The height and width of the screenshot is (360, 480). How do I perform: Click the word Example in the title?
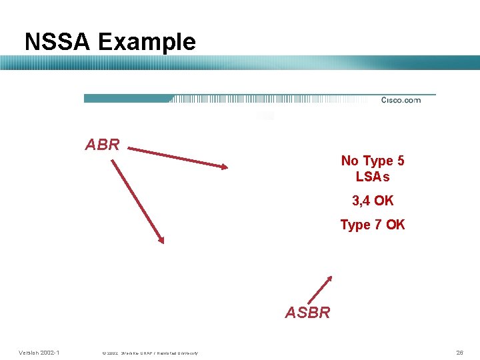(147, 42)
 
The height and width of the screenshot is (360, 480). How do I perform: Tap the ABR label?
(103, 145)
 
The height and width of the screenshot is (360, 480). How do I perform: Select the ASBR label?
(307, 312)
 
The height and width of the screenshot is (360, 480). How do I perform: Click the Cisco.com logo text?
(401, 100)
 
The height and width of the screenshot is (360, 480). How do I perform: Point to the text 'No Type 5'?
(372, 161)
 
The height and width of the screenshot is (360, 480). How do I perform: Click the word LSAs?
(373, 177)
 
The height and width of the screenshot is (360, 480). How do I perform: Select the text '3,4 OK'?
(373, 201)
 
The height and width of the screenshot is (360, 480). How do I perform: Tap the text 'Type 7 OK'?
(372, 225)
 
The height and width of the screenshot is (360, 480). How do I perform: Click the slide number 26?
(459, 352)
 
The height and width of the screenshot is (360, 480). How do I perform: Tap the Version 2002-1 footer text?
(39, 352)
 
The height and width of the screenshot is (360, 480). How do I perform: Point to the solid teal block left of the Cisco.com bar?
(127, 99)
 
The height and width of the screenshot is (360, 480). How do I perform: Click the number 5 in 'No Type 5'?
(400, 161)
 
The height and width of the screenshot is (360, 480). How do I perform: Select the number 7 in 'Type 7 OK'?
(377, 225)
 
